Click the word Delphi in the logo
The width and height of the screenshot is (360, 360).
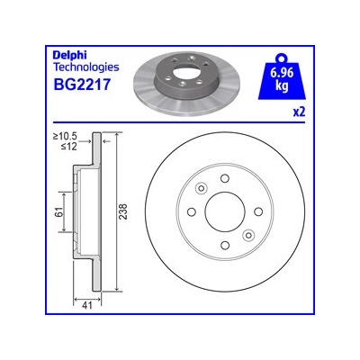70,56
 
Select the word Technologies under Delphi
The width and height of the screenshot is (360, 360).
86,67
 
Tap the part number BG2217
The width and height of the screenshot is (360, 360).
82,85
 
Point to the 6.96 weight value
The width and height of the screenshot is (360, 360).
282,73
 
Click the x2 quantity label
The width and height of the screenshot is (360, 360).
299,112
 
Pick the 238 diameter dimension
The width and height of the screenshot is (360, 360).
123,211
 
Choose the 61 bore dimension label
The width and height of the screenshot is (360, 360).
59,211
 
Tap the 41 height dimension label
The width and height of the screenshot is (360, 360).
87,305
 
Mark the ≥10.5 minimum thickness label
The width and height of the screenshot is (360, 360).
65,137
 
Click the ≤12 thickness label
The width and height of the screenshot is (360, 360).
69,146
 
